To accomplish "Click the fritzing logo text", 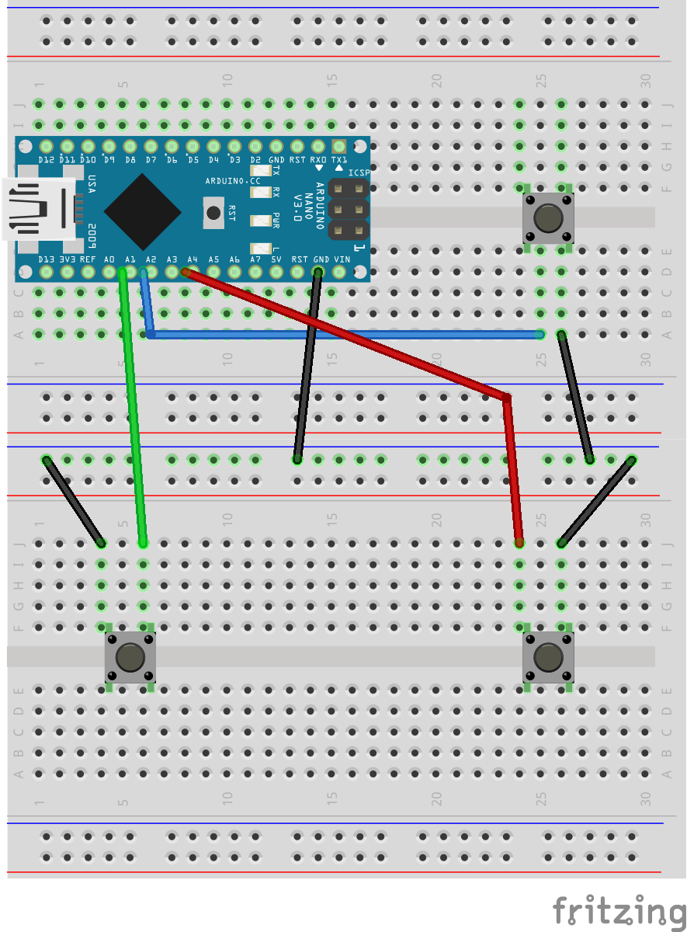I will click(619, 911).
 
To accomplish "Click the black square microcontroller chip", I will click(144, 209).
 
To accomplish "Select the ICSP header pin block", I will click(348, 209).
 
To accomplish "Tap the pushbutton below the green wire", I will click(130, 658).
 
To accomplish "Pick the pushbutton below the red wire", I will click(549, 658).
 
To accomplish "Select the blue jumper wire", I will click(342, 334).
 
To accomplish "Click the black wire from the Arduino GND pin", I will click(307, 365).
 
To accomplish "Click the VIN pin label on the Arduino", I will click(342, 259).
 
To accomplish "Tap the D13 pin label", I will click(46, 259).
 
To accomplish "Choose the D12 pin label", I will click(46, 159).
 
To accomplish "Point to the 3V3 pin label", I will click(67, 259).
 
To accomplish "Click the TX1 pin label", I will click(339, 159).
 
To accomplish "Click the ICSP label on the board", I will click(359, 172).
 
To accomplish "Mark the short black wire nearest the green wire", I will click(75, 502).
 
